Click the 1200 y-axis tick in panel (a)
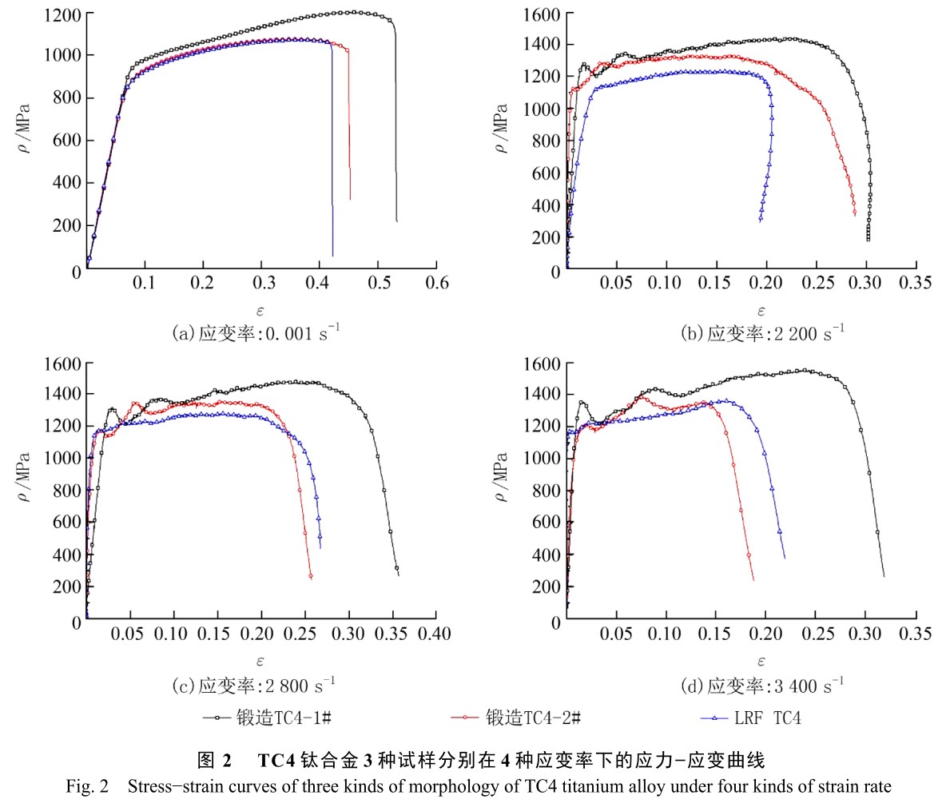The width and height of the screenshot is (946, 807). pyautogui.click(x=62, y=14)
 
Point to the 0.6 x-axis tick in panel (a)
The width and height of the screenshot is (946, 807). pyautogui.click(x=437, y=283)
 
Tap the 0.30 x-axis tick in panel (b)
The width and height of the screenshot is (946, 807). pyautogui.click(x=865, y=283)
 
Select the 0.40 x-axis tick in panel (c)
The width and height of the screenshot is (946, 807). pyautogui.click(x=435, y=634)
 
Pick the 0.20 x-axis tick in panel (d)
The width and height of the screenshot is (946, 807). pyautogui.click(x=765, y=634)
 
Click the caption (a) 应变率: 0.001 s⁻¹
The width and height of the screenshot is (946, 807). pyautogui.click(x=256, y=333)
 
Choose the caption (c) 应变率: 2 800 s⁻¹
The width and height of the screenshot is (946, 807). pyautogui.click(x=254, y=686)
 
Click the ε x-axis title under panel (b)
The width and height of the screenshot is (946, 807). pyautogui.click(x=761, y=312)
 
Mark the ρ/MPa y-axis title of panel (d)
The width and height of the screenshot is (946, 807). pyautogui.click(x=501, y=478)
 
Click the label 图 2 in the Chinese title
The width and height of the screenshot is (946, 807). pyautogui.click(x=214, y=759)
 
